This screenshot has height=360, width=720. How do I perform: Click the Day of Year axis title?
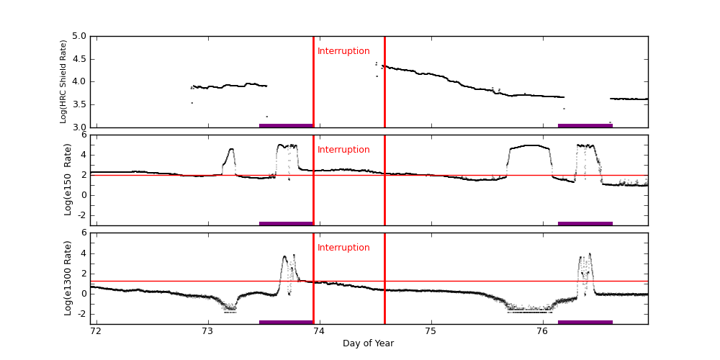click(x=368, y=343)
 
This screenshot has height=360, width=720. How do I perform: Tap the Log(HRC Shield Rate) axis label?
click(x=63, y=81)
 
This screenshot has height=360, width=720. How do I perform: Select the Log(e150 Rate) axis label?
click(x=68, y=179)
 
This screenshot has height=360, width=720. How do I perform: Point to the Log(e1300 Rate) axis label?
click(x=68, y=278)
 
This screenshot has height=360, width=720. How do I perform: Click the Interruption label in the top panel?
click(x=343, y=51)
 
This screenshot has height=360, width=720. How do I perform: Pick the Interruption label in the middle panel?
click(x=343, y=150)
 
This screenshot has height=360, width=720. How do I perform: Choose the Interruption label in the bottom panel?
click(x=343, y=248)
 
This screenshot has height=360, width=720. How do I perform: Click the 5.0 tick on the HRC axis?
click(x=79, y=36)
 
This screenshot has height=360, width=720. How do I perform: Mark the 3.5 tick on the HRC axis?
click(x=79, y=104)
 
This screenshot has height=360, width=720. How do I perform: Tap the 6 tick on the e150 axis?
click(x=84, y=135)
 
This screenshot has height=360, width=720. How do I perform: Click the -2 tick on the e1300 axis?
click(x=81, y=313)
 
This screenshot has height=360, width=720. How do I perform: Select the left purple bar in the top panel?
click(x=286, y=125)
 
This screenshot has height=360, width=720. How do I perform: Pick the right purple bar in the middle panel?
click(x=585, y=223)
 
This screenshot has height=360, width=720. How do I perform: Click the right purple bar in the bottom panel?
click(x=585, y=322)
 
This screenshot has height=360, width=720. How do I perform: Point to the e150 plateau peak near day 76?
click(x=533, y=145)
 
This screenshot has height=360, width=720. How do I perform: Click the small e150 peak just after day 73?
click(x=231, y=149)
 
